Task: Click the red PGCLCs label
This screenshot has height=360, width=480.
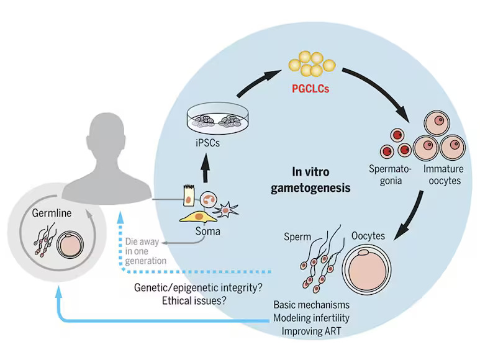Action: (310, 89)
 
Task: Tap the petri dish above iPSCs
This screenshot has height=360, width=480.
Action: (218, 119)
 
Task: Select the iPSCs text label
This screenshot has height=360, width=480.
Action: (207, 143)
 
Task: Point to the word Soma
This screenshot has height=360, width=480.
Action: (208, 231)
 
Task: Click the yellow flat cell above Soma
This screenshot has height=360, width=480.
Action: (198, 217)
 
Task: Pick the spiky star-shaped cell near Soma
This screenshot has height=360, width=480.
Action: (226, 210)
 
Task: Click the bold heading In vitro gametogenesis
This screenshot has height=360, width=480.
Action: (310, 179)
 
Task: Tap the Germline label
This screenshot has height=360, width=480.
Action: (52, 213)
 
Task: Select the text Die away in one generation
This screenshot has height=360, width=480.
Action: (145, 251)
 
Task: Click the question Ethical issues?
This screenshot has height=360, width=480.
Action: (194, 300)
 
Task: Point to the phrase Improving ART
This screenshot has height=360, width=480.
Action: (311, 331)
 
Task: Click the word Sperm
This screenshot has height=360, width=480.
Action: (297, 236)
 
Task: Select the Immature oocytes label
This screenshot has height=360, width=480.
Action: (444, 174)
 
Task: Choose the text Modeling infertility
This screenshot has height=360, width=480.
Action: (311, 318)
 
